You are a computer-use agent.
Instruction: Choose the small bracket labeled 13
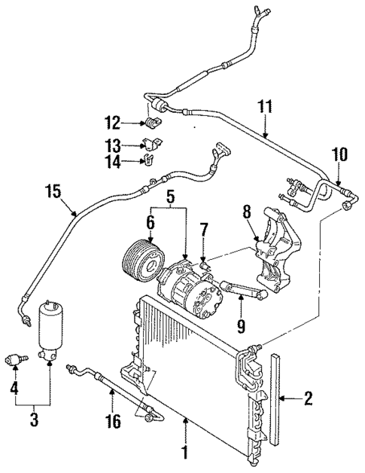pyautogui.click(x=151, y=145)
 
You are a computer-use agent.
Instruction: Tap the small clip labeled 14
pyautogui.click(x=148, y=160)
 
